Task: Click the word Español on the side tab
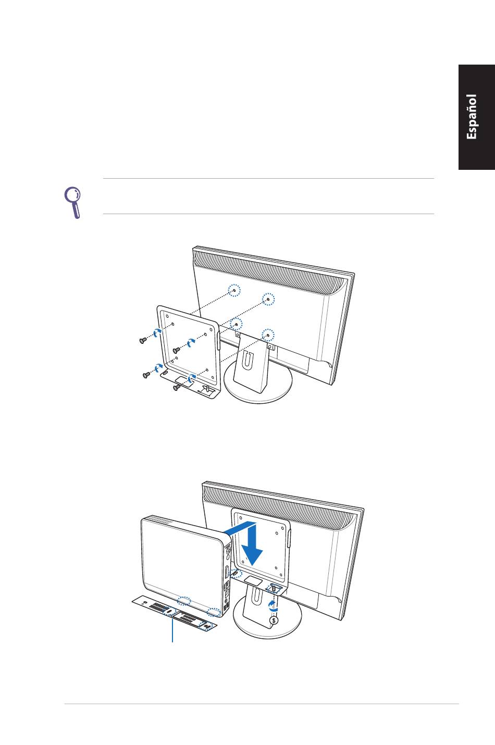pos(472,117)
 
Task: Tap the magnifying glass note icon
pos(73,202)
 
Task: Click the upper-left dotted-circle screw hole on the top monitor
pos(236,291)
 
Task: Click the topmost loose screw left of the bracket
pos(143,340)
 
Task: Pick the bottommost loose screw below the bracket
pos(177,387)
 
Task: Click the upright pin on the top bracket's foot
pos(208,388)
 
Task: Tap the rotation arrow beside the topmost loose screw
pos(156,333)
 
